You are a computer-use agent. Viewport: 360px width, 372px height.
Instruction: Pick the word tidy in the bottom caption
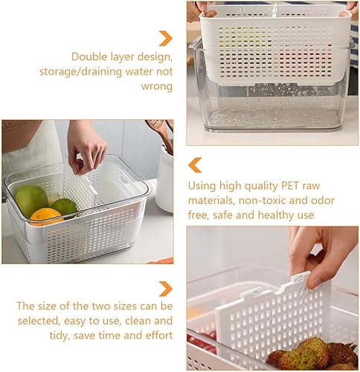(30, 336)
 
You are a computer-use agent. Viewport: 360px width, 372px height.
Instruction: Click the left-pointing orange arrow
(195, 164)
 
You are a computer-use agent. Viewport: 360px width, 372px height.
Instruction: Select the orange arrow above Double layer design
(165, 37)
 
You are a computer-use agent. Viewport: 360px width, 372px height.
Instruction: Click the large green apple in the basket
(31, 200)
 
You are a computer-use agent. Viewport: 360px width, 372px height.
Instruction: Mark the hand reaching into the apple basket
(87, 144)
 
